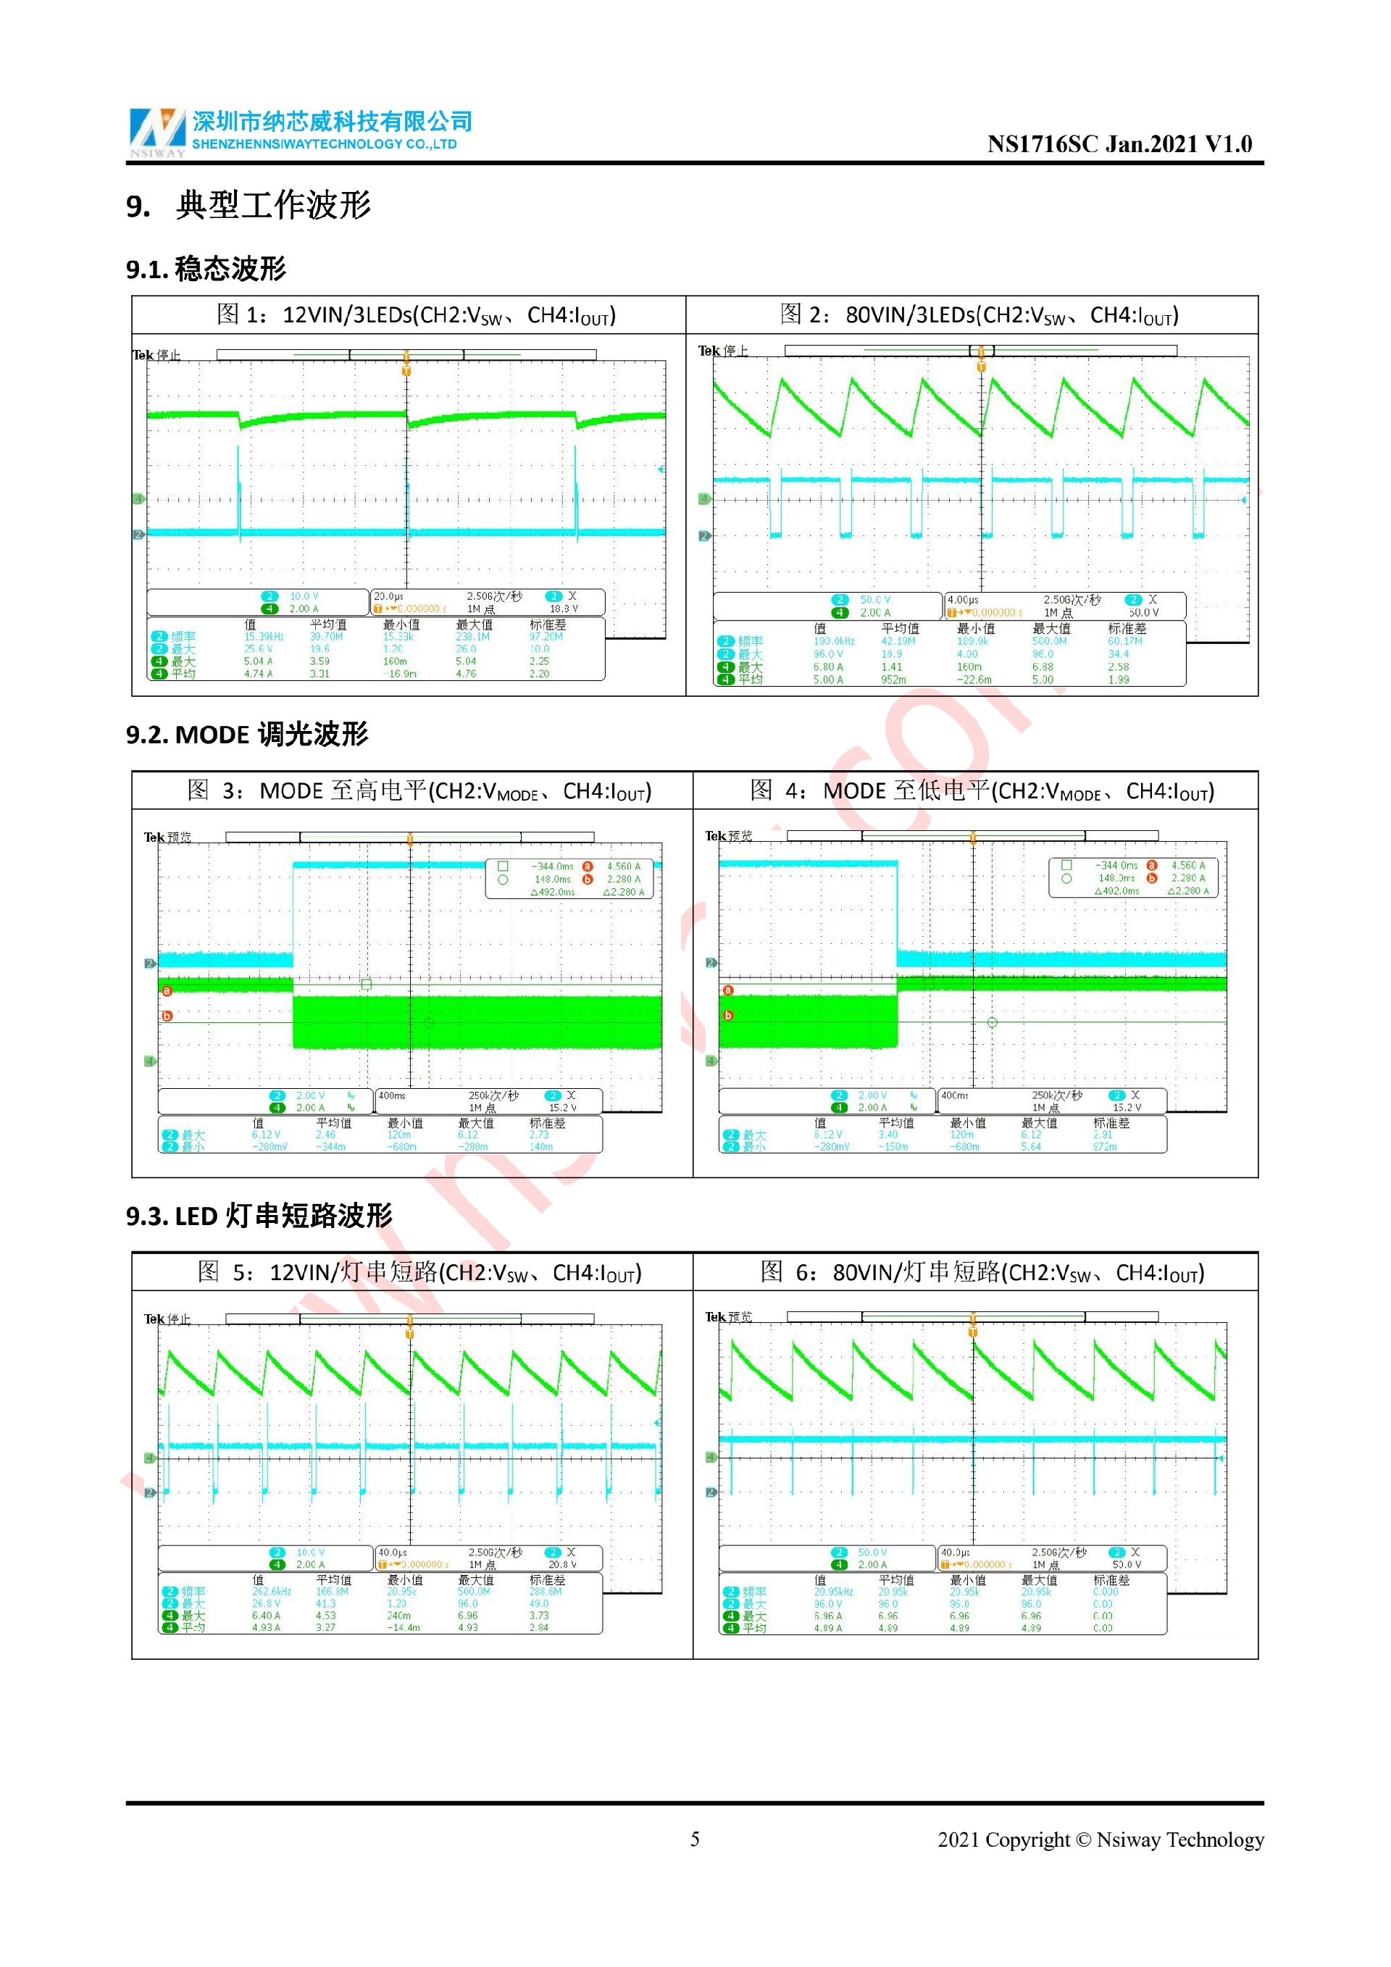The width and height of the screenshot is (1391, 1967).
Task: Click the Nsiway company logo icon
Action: point(156,132)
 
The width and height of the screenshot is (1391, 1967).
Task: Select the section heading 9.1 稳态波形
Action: point(206,269)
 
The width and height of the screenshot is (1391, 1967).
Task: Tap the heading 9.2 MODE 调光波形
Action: point(246,734)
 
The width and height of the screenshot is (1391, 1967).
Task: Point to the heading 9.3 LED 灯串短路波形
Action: point(259,1216)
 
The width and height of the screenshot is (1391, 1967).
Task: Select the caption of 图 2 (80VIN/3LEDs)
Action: point(979,315)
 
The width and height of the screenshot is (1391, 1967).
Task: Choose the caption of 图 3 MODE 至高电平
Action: point(419,790)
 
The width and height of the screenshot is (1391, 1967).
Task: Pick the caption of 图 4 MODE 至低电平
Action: point(982,790)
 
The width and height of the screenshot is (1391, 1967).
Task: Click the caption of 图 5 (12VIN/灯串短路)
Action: point(419,1272)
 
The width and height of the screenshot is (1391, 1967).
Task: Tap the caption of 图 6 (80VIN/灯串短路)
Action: point(982,1272)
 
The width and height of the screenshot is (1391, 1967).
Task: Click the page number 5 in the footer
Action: point(695,1839)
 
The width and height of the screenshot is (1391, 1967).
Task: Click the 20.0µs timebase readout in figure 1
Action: point(389,596)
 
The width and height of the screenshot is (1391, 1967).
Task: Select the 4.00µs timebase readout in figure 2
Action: point(963,601)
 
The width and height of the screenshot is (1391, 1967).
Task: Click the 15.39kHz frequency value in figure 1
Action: point(264,637)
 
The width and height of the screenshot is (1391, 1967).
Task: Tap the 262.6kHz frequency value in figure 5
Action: point(272,1592)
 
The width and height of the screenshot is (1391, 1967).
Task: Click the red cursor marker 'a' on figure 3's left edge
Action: point(167,991)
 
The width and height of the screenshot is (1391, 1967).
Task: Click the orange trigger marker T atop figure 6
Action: point(972,1332)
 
